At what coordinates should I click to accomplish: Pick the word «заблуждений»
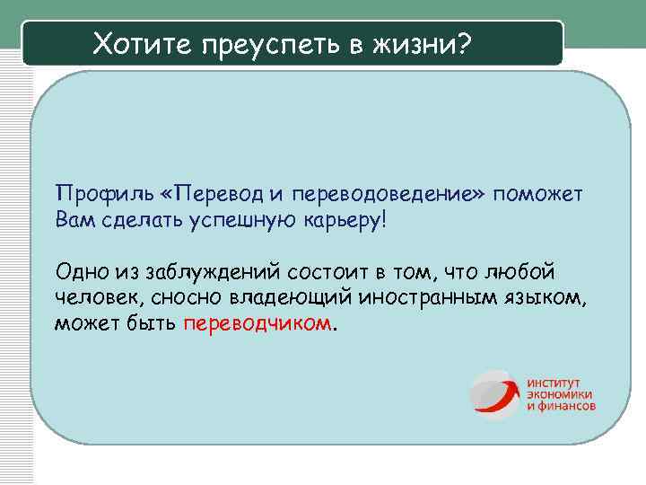tap(211, 272)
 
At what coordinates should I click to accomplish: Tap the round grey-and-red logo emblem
tap(495, 393)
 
